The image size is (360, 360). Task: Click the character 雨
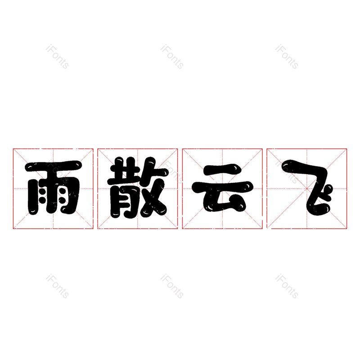click(53, 188)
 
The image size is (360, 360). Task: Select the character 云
click(222, 188)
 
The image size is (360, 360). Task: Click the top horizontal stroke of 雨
click(53, 166)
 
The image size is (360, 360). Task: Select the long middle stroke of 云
click(222, 187)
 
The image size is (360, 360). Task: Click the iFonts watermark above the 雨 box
click(57, 57)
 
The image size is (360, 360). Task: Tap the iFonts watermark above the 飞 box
click(287, 57)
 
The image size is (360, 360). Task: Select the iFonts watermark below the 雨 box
click(57, 286)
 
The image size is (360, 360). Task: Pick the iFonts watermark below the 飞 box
click(287, 286)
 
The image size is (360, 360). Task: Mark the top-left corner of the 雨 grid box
click(13, 149)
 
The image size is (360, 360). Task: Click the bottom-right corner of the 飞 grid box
click(346, 229)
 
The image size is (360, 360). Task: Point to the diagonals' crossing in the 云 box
click(222, 189)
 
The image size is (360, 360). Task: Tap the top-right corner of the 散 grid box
click(177, 149)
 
